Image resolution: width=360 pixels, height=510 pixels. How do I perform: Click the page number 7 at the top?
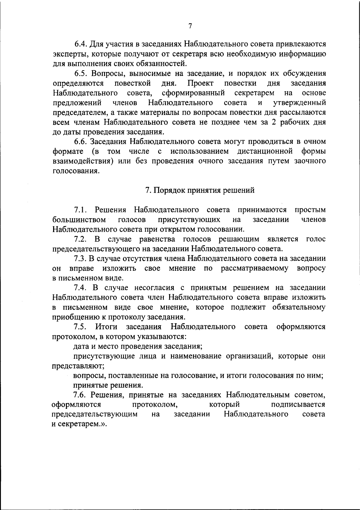[x=190, y=26]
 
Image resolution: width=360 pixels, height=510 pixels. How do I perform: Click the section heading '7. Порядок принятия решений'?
[x=200, y=190]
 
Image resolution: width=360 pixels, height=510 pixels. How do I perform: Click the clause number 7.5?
[x=80, y=327]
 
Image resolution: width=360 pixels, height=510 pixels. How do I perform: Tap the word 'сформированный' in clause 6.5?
[x=193, y=93]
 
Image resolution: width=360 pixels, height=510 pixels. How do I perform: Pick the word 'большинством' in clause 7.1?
[x=79, y=220]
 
